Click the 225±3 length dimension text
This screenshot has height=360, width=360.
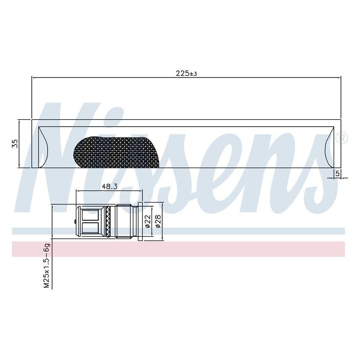pos(186,73)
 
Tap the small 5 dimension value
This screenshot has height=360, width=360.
pos(338,173)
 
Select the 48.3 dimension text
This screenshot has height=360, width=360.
pos(109,186)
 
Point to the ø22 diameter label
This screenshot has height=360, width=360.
pos(148,222)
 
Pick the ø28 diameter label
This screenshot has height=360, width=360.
pos(158,222)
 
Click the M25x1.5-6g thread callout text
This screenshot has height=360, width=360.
pos(47,266)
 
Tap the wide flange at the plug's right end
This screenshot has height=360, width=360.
pos(141,222)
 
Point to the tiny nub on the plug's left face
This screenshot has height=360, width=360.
pos(75,222)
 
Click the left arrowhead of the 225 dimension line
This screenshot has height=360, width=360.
pos(34,78)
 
